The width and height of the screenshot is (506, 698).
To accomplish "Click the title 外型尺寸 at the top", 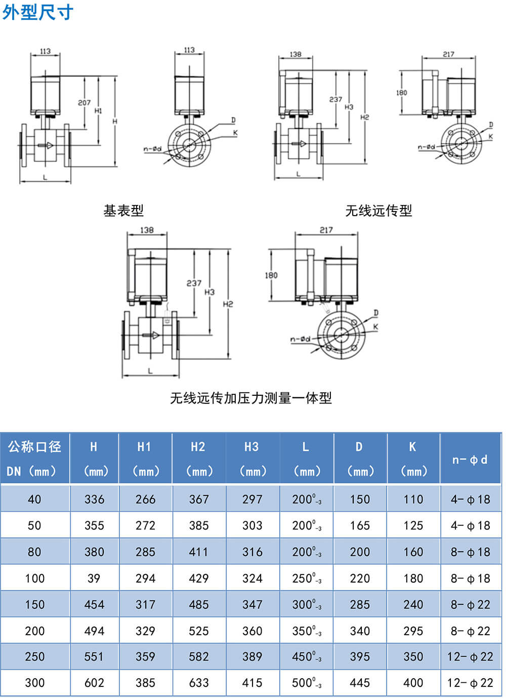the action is point(38,13).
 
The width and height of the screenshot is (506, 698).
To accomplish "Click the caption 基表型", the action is point(123,211).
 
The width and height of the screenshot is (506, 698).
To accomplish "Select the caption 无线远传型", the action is point(378,211).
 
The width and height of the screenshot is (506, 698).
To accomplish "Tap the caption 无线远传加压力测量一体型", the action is point(251,398).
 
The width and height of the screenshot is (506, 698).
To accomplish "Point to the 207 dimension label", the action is point(84,103).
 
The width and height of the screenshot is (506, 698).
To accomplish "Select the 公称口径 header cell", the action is point(34,447).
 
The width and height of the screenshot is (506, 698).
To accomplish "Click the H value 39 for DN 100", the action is point(94,579).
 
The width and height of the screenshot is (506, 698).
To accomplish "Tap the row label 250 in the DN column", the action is point(34,657).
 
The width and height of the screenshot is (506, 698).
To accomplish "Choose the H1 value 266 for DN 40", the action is point(146,500).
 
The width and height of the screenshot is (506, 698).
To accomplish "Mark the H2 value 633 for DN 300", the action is point(199,683).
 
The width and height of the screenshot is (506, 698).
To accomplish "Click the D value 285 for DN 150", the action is point(360,605).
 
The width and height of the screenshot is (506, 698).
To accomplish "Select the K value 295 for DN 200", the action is point(413,631).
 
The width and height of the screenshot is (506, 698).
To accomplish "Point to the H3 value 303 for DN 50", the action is point(252,526).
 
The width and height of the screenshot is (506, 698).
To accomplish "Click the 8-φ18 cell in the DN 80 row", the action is point(471,552).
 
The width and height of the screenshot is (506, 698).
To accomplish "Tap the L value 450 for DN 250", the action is point(307,657).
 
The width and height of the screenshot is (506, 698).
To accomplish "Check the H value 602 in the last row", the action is point(94,683).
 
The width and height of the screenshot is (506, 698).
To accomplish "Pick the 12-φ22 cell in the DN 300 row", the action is point(470,683).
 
